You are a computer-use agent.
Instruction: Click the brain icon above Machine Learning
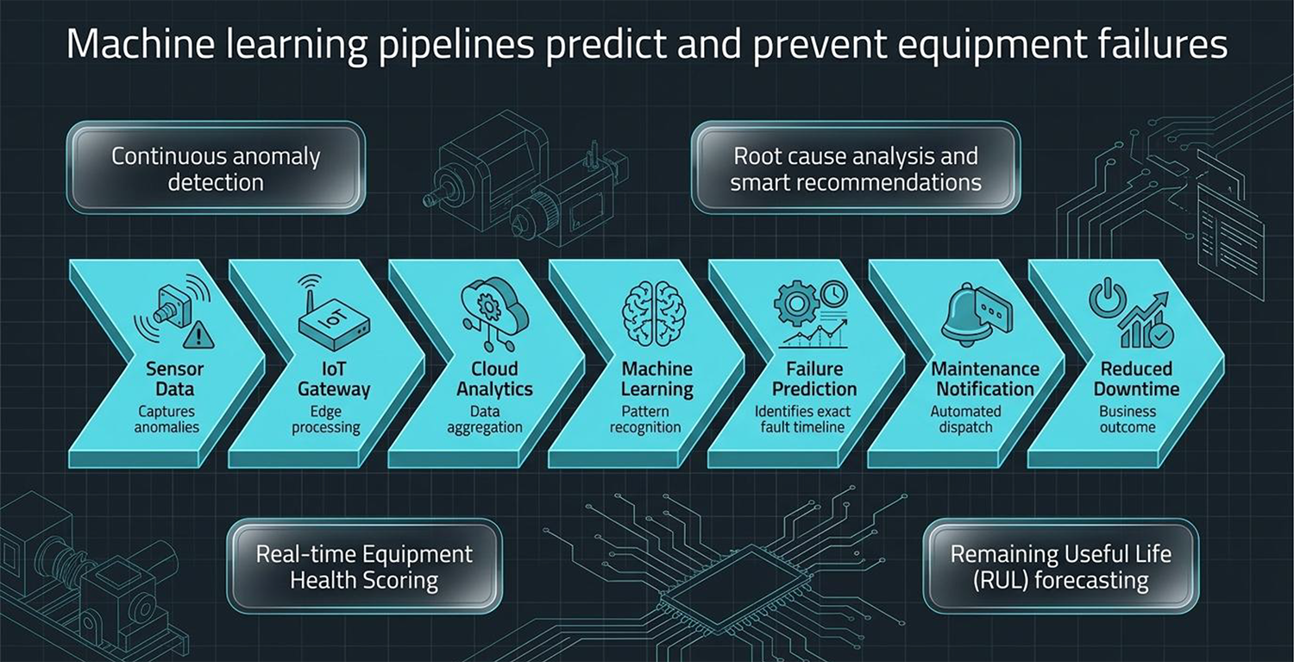point(654,313)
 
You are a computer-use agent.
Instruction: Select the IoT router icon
point(333,314)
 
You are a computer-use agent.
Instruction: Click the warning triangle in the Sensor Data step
point(198,335)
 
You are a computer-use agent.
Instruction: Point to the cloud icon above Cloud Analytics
point(494,306)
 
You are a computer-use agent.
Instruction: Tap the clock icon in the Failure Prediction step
point(833,294)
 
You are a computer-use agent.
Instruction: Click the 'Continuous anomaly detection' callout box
point(216,167)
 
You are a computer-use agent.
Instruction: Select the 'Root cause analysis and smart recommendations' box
point(856,167)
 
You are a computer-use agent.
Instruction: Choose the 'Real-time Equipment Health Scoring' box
point(365,566)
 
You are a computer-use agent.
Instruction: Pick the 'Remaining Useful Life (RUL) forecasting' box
point(1060,566)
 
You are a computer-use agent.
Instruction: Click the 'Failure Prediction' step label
point(814,379)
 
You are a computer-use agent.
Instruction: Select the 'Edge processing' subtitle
point(326,419)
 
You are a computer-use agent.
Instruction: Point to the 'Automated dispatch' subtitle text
point(966,419)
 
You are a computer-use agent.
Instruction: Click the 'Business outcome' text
point(1128,419)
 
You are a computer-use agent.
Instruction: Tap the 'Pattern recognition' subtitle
point(645,419)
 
